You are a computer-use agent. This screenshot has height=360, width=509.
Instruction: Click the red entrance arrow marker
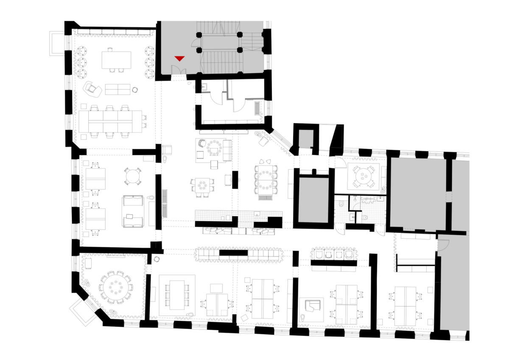click(180, 58)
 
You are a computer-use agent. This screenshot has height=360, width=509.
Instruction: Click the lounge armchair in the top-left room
click(92, 89)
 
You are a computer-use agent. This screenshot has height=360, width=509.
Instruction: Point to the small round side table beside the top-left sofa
click(135, 90)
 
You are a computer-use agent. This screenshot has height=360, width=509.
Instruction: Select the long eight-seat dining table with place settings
click(266, 179)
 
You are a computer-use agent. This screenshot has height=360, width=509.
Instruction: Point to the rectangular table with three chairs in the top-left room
click(116, 59)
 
